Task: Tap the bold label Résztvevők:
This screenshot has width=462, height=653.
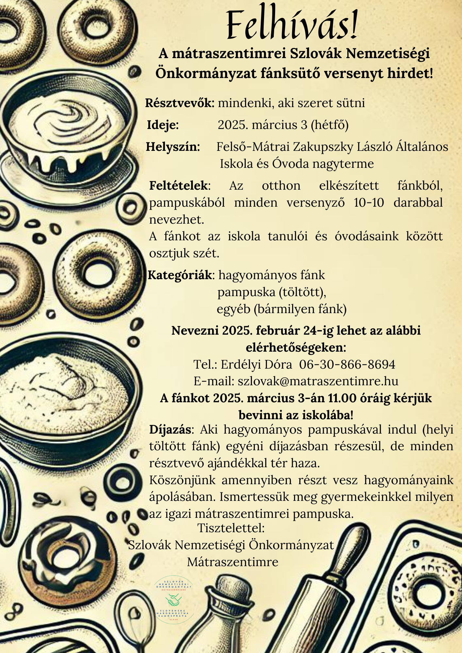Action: tap(180, 103)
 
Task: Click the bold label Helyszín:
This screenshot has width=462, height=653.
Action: tap(173, 147)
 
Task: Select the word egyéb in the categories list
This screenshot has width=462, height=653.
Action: tap(233, 309)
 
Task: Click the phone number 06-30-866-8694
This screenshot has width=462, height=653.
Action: tap(347, 364)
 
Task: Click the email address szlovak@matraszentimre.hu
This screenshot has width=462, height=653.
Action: tap(318, 381)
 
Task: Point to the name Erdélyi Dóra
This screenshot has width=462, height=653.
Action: tap(256, 364)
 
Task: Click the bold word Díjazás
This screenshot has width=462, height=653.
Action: tap(170, 429)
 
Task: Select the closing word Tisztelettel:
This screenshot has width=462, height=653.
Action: tap(231, 528)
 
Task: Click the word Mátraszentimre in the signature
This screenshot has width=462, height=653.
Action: tap(233, 562)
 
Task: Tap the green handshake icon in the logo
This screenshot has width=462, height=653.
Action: tap(173, 600)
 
